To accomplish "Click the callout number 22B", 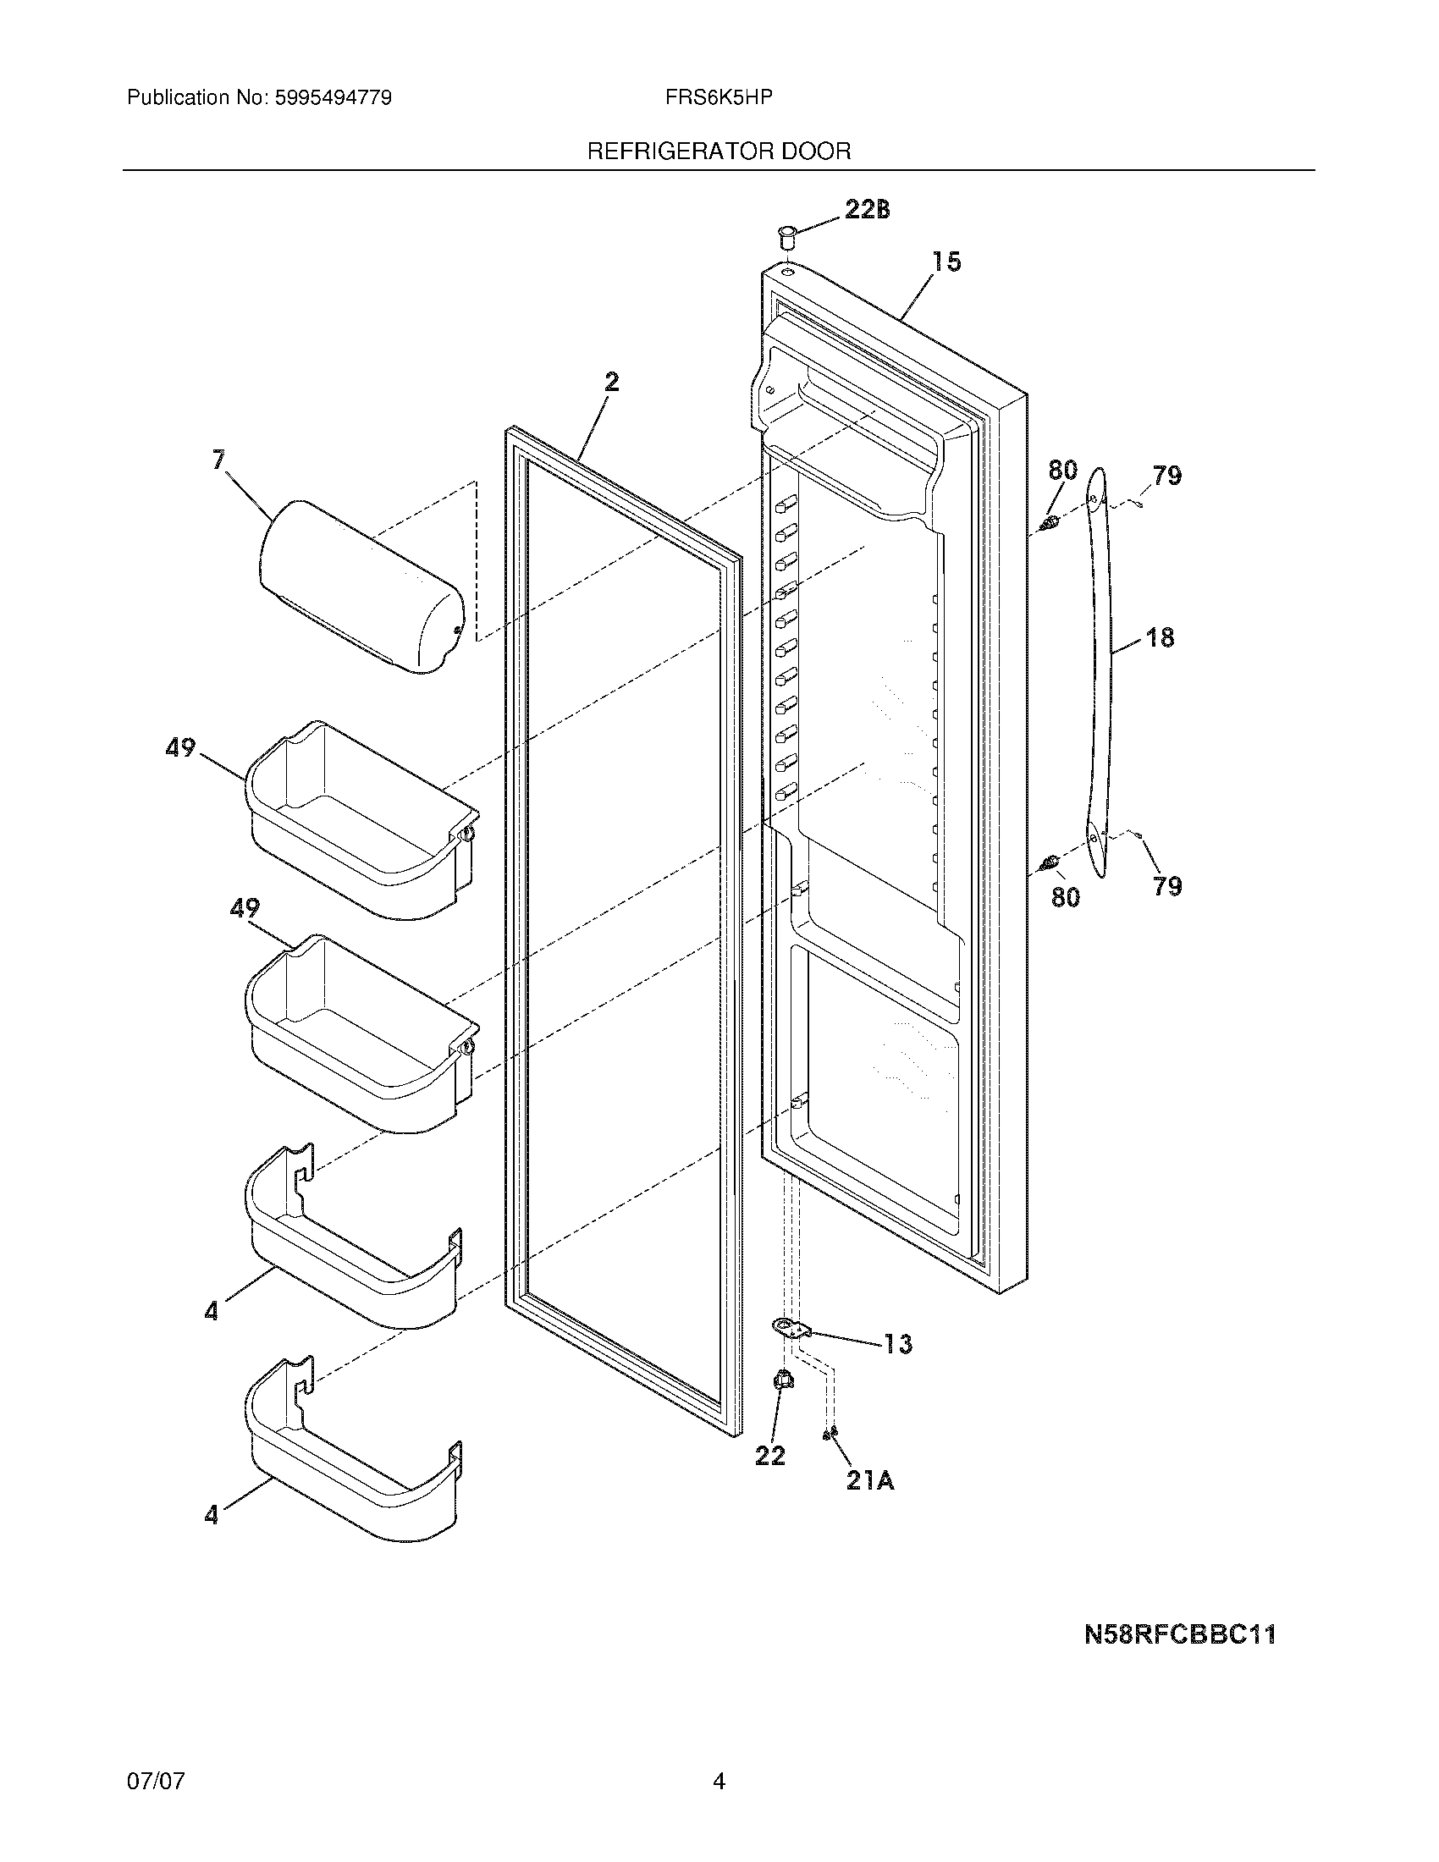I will click(867, 209).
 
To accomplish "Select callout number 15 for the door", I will click(946, 262).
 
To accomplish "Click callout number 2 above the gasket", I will click(611, 383).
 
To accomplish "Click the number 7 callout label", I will click(219, 460).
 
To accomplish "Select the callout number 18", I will click(1160, 636).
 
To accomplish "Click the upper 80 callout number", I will click(1062, 470).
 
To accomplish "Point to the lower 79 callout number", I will click(1167, 887).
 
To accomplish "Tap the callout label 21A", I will click(869, 1482).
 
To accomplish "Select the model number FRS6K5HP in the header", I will click(719, 98).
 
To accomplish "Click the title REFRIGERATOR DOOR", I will click(719, 151).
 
